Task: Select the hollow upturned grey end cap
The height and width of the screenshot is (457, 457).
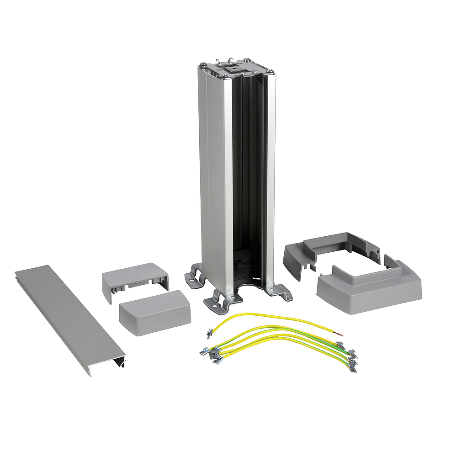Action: (x=135, y=280)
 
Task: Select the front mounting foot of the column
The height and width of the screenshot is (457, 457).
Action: (x=219, y=302)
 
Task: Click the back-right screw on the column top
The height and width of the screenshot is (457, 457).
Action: (x=247, y=59)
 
